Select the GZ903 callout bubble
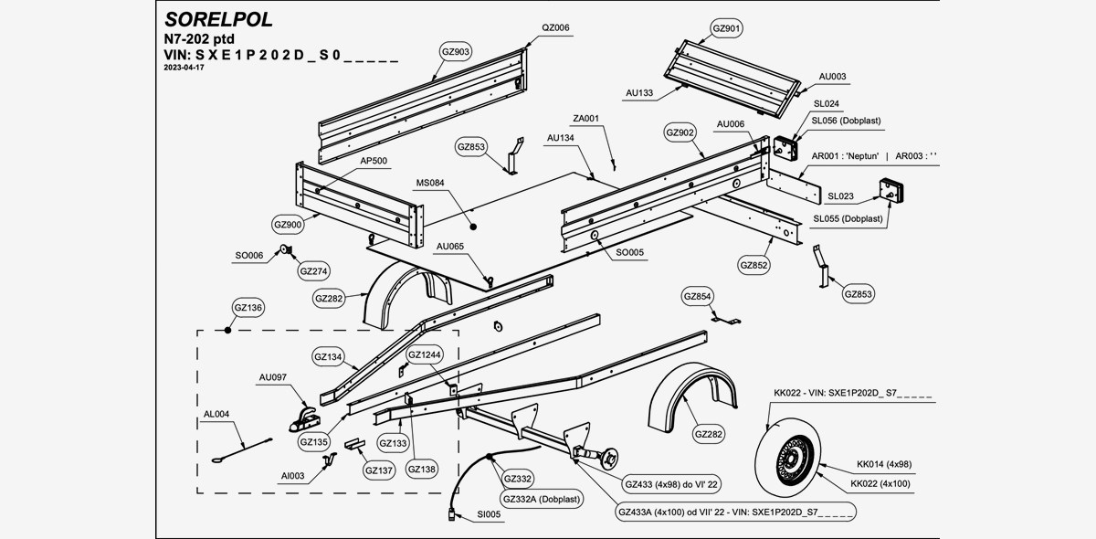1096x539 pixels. click(x=456, y=52)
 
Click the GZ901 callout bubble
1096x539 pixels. click(x=726, y=29)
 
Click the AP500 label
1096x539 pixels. click(x=374, y=161)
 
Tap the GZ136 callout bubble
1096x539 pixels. click(x=248, y=308)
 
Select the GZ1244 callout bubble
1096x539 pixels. click(x=425, y=354)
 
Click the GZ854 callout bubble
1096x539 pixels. click(x=698, y=296)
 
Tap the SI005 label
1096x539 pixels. click(x=490, y=515)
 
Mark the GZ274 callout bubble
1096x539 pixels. click(x=313, y=270)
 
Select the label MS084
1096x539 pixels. click(x=430, y=183)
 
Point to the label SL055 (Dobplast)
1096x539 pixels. click(x=848, y=218)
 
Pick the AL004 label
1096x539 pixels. click(x=216, y=414)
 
